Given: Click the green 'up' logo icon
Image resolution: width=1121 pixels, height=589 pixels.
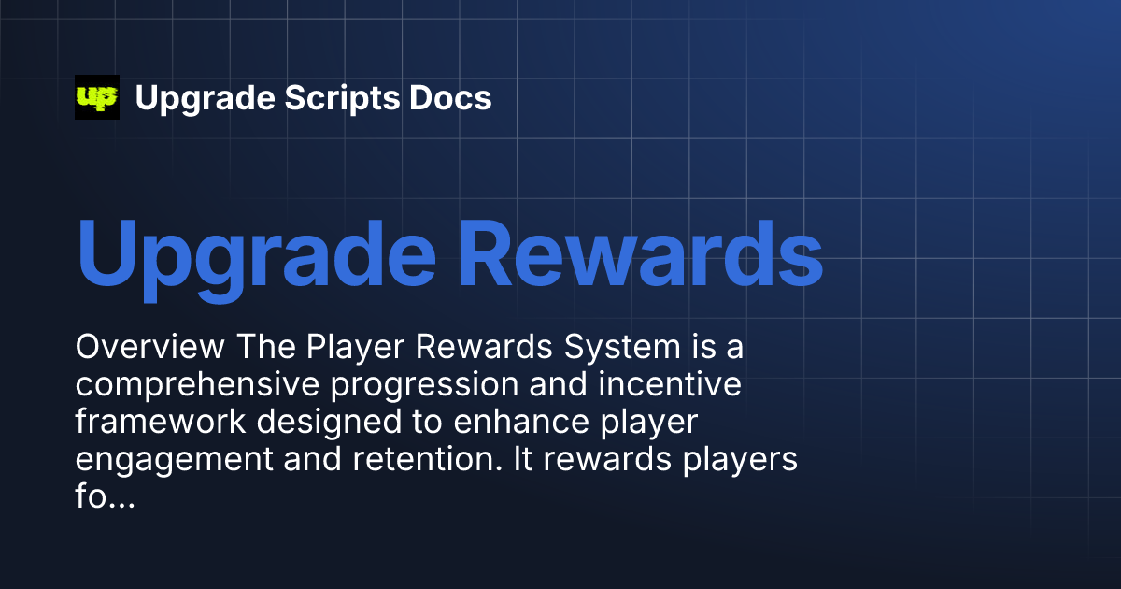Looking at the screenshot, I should pos(97,97).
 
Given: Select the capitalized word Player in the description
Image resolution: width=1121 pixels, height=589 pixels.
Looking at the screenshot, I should pos(359,348).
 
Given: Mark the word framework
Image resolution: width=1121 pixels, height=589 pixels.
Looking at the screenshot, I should pos(160,422).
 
